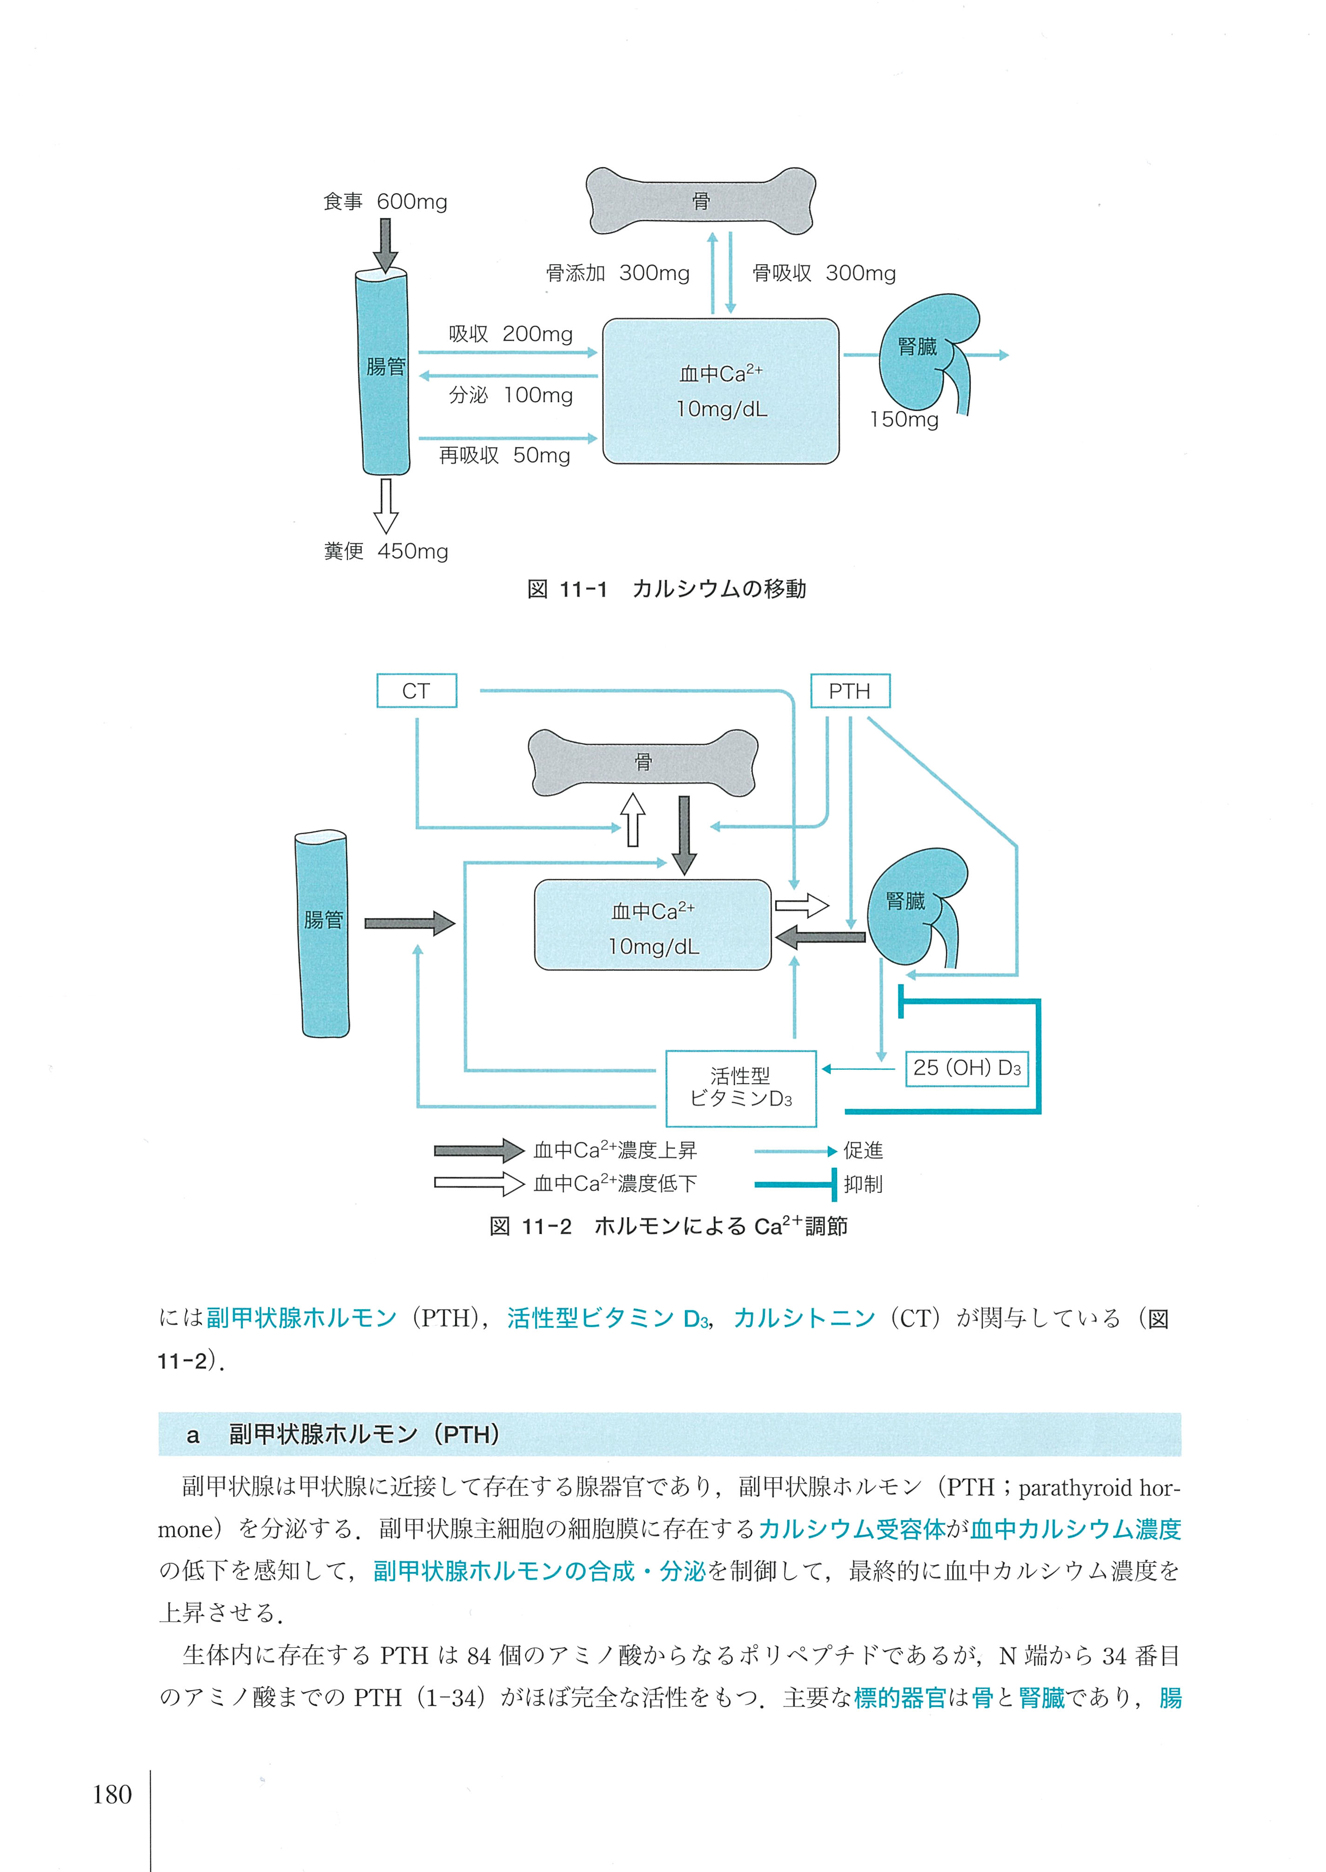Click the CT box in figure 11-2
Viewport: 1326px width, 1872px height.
[416, 691]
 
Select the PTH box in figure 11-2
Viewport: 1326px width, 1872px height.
[849, 691]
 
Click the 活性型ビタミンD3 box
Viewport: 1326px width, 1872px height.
[741, 1088]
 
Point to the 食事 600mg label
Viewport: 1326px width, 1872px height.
[385, 201]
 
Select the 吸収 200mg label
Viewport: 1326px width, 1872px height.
[510, 334]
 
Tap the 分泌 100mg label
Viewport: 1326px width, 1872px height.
[510, 395]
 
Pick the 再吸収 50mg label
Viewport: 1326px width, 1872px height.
[505, 455]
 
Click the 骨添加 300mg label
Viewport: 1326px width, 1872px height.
[617, 273]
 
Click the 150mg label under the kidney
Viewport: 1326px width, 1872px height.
[904, 420]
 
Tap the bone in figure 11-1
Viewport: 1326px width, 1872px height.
[701, 201]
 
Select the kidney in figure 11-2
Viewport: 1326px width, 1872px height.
[915, 906]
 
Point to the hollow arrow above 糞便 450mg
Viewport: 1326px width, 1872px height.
[385, 505]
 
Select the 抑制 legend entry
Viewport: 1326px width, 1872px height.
[862, 1184]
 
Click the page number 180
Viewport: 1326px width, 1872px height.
[112, 1794]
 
